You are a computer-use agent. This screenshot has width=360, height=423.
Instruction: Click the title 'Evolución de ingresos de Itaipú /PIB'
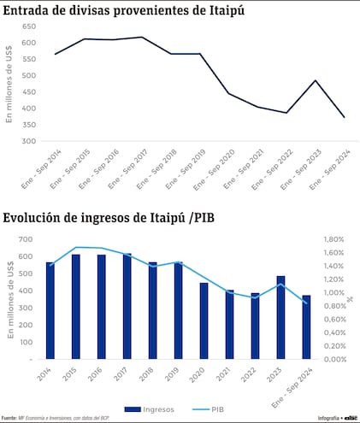[109, 217]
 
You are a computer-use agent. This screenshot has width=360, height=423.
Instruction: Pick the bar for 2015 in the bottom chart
[76, 306]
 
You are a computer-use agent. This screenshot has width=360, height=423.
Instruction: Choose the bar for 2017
[127, 306]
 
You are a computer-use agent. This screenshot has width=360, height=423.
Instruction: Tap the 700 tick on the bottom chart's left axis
[25, 240]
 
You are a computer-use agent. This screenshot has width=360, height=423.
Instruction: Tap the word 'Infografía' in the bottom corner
[328, 418]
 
